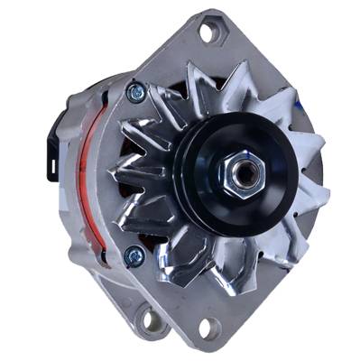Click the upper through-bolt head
click(135, 90)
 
